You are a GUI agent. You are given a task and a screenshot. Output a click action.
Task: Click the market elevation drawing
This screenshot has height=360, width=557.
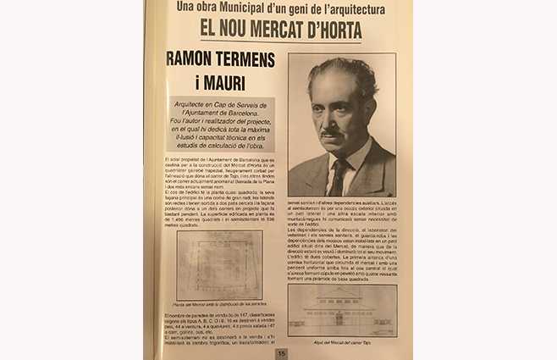click(341, 311)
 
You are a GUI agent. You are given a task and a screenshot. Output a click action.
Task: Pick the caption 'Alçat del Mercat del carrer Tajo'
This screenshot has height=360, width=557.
click(343, 341)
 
